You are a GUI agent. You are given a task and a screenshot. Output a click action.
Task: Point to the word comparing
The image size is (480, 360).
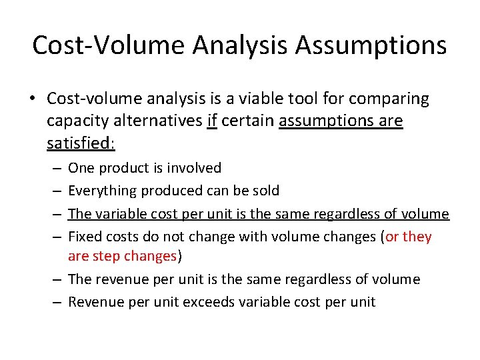391,99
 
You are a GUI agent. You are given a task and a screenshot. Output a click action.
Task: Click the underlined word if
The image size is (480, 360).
212,122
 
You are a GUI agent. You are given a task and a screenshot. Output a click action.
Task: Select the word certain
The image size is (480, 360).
248,122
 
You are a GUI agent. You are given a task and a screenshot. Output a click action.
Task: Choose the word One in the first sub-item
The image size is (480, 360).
81,168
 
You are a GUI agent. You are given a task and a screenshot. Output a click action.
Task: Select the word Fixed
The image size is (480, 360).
83,237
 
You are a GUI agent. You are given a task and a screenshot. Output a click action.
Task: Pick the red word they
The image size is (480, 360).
417,237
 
